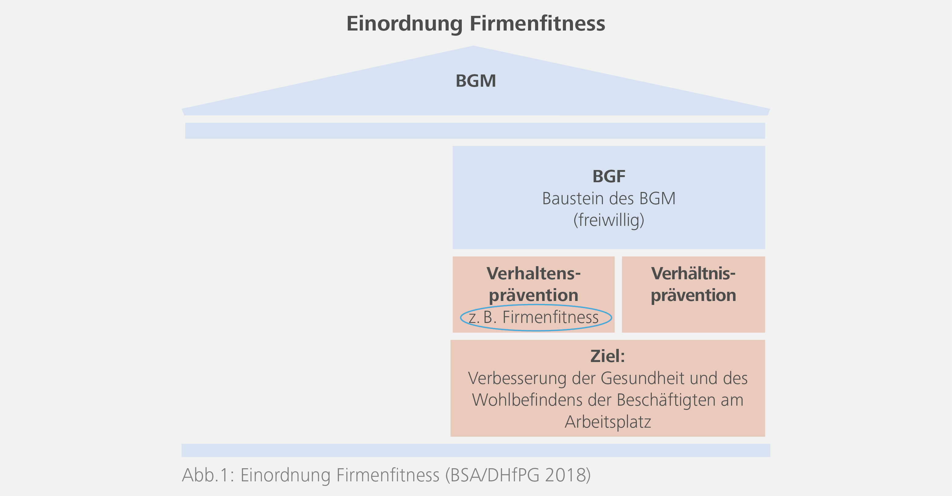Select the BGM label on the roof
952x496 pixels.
pos(476,81)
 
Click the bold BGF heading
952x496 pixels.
pos(609,176)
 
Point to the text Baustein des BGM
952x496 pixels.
pos(609,199)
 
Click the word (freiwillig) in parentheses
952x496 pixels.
pos(609,220)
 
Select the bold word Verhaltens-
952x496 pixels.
pos(533,274)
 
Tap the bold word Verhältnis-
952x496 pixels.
pos(693,274)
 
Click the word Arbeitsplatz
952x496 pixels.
pos(607,422)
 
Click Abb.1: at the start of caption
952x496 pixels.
pos(208,475)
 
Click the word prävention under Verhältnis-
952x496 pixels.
pos(693,295)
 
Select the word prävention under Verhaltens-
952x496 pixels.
pos(533,295)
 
